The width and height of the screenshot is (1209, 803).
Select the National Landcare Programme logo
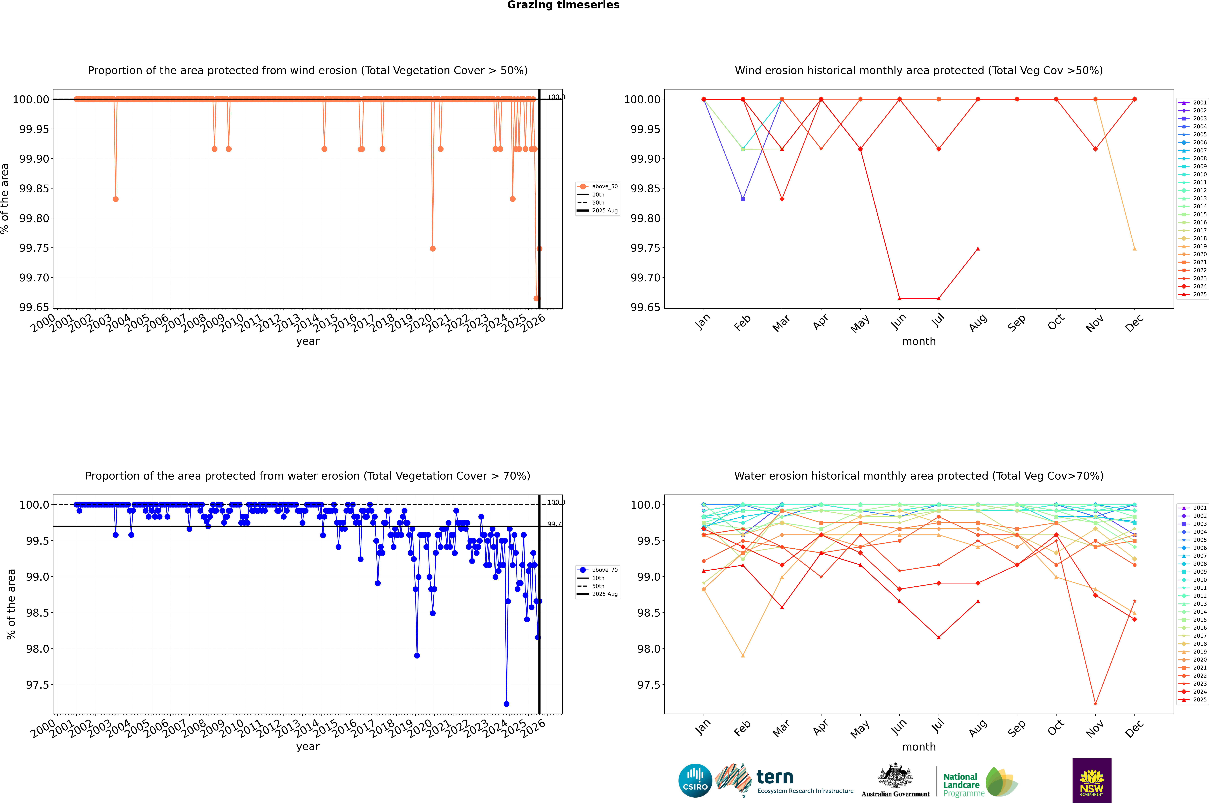pos(980,782)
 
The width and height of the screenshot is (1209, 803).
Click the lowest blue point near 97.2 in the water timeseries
pos(506,704)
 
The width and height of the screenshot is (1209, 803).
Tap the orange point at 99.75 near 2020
pos(433,249)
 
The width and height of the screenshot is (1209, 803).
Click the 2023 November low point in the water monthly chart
pos(1095,704)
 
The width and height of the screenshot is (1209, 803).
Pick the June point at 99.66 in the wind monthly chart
pos(899,299)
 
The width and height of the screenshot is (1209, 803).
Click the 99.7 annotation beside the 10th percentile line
pos(554,524)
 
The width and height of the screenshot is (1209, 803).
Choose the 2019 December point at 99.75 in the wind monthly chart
pos(1134,249)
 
